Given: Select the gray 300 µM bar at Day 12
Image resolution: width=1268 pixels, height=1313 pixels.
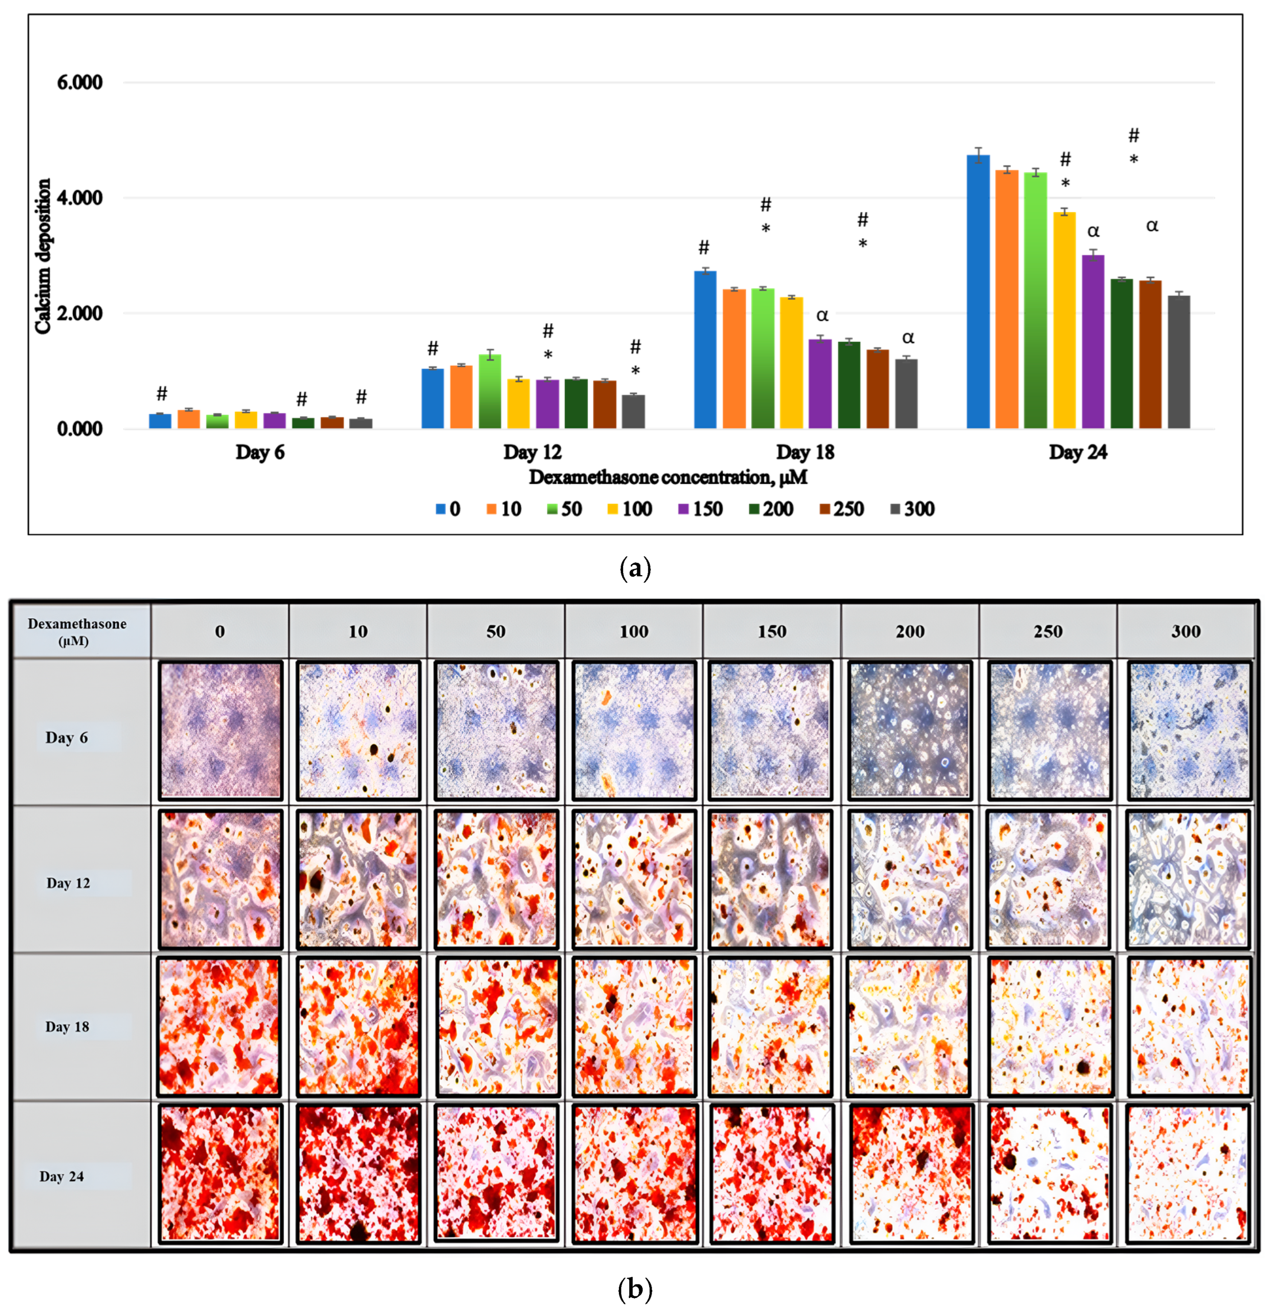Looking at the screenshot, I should coord(633,411).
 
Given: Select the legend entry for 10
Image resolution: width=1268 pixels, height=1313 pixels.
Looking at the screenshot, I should coord(503,509).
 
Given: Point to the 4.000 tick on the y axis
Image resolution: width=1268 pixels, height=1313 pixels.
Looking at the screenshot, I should coord(79,198).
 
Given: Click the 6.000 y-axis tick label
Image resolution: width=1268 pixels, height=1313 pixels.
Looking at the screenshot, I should coord(79,82).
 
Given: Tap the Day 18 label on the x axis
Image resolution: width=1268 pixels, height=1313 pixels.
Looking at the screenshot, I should coord(804,452).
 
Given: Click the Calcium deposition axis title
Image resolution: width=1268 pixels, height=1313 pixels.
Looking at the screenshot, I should coord(43,256).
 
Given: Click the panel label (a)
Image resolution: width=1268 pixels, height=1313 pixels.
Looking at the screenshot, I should coord(634,568).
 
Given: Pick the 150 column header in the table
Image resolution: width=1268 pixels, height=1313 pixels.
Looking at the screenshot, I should coord(771,631).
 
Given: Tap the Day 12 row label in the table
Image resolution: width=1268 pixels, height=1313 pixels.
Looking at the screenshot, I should coord(68,883).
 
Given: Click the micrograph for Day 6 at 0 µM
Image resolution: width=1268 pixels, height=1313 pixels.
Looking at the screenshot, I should coord(220,730).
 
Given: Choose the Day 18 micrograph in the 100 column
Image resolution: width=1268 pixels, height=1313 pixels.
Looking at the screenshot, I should coord(634,1026).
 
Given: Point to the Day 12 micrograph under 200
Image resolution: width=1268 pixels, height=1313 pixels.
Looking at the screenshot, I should coord(909,879).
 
